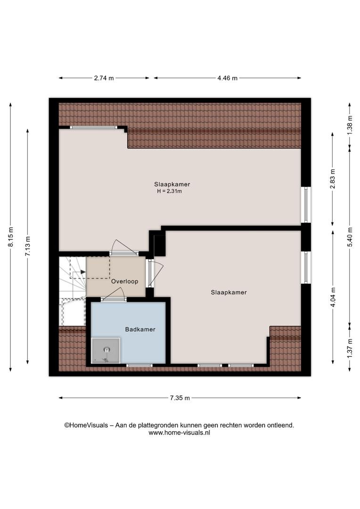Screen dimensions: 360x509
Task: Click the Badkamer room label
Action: click(x=140, y=329)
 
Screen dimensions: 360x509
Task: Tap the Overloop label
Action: click(x=125, y=281)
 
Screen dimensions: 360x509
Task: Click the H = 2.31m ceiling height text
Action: click(x=170, y=191)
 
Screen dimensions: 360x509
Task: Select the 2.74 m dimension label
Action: click(x=104, y=78)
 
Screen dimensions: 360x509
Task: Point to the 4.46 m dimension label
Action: click(x=227, y=78)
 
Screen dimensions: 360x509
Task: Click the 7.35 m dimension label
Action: click(x=180, y=398)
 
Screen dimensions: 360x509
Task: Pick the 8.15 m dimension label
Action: click(x=10, y=236)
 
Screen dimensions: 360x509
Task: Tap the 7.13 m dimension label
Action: click(x=28, y=246)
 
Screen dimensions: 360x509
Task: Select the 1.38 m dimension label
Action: click(x=350, y=125)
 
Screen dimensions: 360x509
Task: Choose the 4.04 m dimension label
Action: click(x=332, y=297)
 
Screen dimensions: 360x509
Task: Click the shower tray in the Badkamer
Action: click(x=106, y=351)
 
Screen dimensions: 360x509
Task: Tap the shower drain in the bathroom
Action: click(x=107, y=350)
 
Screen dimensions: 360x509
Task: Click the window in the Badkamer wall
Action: click(x=139, y=366)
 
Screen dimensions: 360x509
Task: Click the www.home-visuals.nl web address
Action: click(x=180, y=433)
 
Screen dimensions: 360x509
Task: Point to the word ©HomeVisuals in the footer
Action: click(x=86, y=425)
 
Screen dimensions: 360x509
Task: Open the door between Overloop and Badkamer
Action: click(x=113, y=294)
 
